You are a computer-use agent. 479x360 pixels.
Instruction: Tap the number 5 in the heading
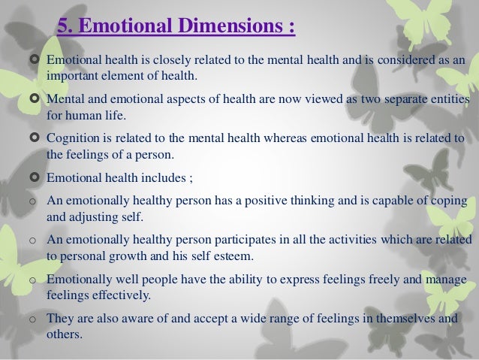(x=63, y=28)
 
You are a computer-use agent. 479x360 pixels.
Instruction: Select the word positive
(x=255, y=201)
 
